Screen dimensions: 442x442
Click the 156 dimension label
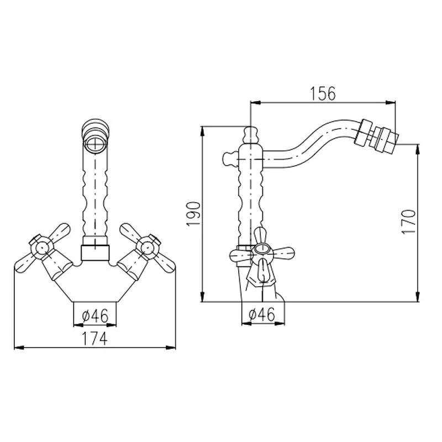[x=323, y=93]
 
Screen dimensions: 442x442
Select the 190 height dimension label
[x=193, y=213]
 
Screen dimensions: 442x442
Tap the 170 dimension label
[x=409, y=222]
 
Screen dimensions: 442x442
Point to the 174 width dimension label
[x=94, y=339]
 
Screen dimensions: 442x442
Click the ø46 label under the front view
[x=95, y=315]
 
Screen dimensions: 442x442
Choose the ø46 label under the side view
[x=261, y=314]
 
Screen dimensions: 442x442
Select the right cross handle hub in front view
[x=148, y=248]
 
